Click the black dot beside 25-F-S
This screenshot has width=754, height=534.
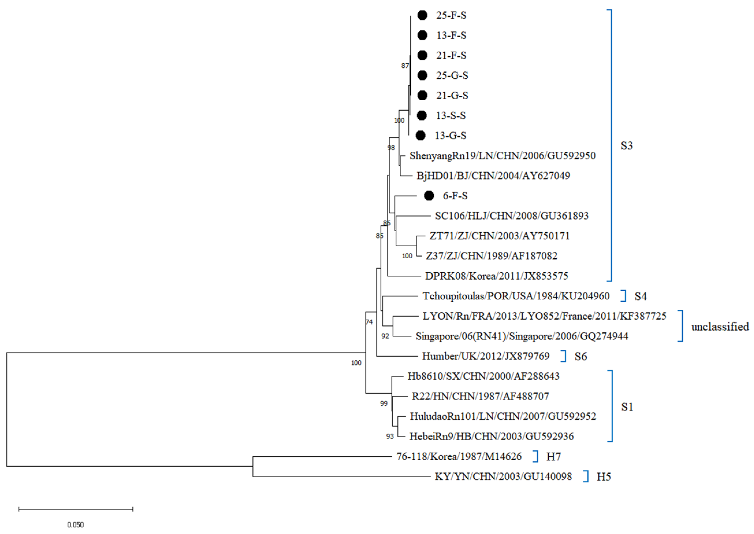click(x=422, y=15)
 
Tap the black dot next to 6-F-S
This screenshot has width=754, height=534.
click(x=429, y=196)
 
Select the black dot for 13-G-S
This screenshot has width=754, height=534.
click(x=420, y=136)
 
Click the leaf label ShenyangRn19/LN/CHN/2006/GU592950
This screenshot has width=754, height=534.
click(x=502, y=155)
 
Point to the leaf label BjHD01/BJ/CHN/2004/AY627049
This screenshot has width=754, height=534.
click(x=493, y=176)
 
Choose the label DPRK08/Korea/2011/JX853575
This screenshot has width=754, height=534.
click(x=496, y=276)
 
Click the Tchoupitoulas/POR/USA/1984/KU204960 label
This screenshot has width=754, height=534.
click(x=516, y=296)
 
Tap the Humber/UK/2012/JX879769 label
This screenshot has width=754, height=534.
click(x=486, y=356)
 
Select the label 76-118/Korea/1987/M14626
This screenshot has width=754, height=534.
click(x=459, y=456)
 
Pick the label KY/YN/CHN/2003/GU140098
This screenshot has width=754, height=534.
click(x=503, y=476)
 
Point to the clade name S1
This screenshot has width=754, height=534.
click(x=627, y=407)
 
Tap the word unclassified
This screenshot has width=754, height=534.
click(x=720, y=327)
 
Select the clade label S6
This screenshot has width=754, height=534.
click(x=580, y=357)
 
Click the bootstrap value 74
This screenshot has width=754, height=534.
click(x=369, y=322)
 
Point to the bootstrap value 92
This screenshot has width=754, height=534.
click(x=385, y=336)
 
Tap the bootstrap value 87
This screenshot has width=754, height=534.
click(x=405, y=66)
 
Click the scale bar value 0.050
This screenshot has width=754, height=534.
click(x=76, y=525)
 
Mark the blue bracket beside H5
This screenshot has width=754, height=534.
click(x=587, y=476)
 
